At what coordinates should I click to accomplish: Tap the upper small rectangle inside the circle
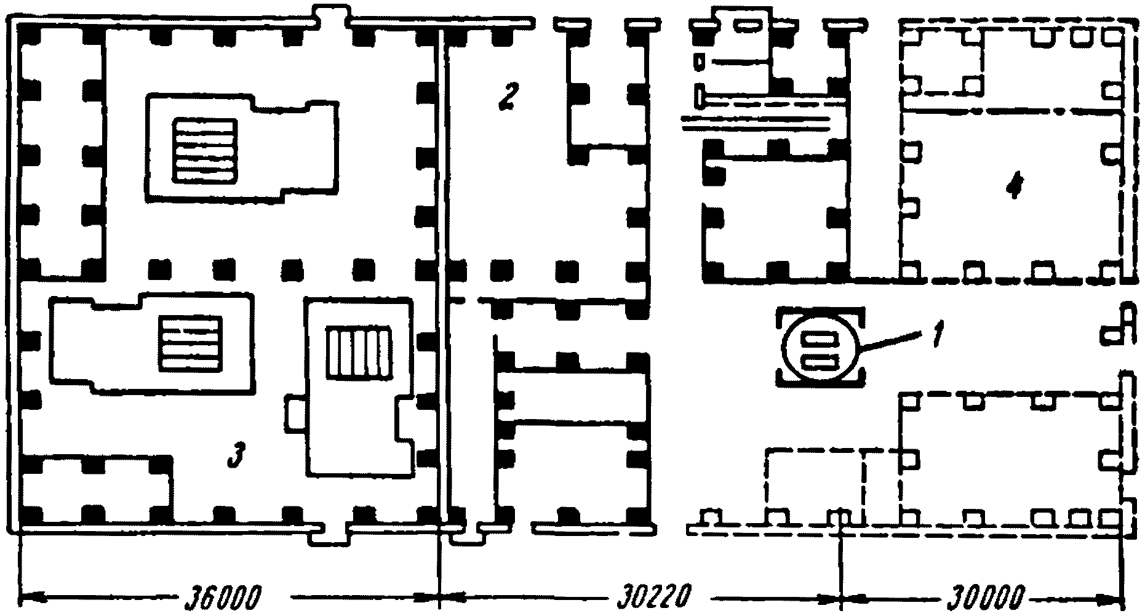819,338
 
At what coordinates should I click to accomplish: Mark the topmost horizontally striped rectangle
205,150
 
